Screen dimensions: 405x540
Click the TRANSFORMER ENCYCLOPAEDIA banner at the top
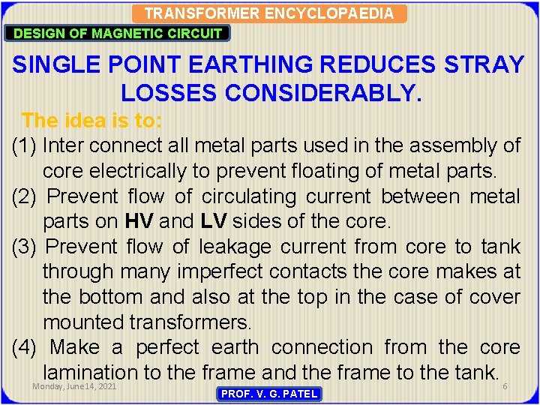click(x=269, y=13)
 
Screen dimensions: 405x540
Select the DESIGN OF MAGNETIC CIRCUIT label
click(x=118, y=33)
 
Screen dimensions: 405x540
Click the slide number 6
click(x=505, y=386)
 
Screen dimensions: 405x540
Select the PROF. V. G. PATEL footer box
click(x=269, y=394)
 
